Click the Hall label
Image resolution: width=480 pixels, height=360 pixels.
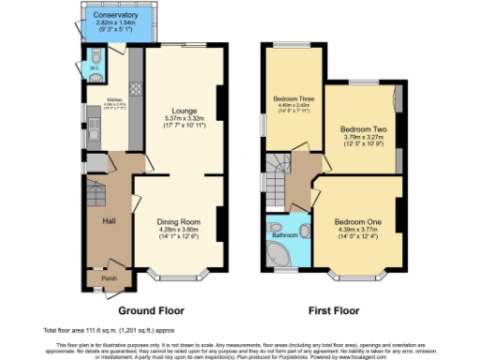(108, 221)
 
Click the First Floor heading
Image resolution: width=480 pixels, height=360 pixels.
(337, 309)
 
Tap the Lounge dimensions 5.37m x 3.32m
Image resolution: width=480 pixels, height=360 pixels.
(183, 117)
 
